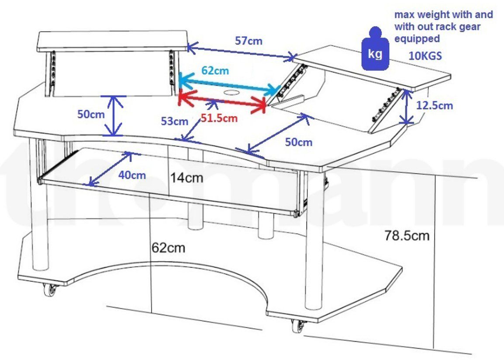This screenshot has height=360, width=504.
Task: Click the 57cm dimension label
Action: pyautogui.click(x=249, y=41)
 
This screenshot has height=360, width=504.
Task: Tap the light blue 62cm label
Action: pyautogui.click(x=215, y=70)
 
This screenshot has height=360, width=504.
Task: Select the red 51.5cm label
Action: pyautogui.click(x=219, y=118)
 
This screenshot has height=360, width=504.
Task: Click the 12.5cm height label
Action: pyautogui.click(x=435, y=105)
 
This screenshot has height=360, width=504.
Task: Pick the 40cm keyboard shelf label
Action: pyautogui.click(x=132, y=175)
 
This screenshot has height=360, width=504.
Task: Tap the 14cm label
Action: pyautogui.click(x=186, y=177)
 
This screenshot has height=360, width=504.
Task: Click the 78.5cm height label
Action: pyautogui.click(x=407, y=235)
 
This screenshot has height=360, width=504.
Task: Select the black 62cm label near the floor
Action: pyautogui.click(x=169, y=248)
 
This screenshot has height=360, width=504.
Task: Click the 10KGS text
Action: pyautogui.click(x=425, y=56)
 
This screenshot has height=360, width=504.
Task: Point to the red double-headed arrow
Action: pyautogui.click(x=222, y=100)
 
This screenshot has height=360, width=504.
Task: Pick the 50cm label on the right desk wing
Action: pyautogui.click(x=299, y=142)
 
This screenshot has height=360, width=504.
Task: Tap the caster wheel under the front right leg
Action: pyautogui.click(x=299, y=325)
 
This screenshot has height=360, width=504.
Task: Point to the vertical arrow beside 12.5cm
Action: pyautogui.click(x=407, y=107)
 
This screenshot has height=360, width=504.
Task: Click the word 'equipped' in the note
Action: pyautogui.click(x=417, y=38)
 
